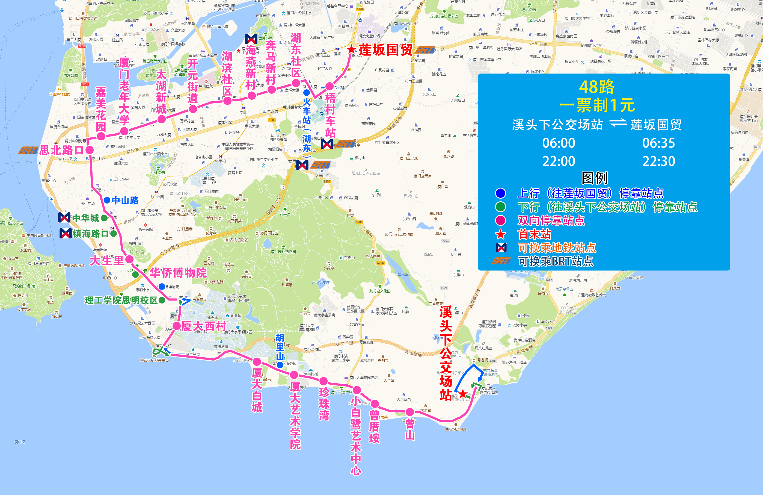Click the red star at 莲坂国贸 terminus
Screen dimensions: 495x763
pyautogui.click(x=351, y=49)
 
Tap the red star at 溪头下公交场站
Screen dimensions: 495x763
pyautogui.click(x=463, y=394)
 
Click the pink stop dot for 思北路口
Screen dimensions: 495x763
pyautogui.click(x=90, y=150)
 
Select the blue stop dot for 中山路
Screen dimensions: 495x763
pyautogui.click(x=107, y=200)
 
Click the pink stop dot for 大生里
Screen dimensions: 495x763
pyautogui.click(x=129, y=259)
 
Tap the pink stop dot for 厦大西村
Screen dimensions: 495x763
pyautogui.click(x=177, y=326)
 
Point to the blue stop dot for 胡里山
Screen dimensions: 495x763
pyautogui.click(x=280, y=365)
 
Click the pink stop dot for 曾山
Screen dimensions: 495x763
pyautogui.click(x=409, y=412)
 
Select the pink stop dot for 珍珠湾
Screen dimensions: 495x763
pyautogui.click(x=323, y=381)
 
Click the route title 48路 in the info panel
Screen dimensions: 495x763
pyautogui.click(x=597, y=87)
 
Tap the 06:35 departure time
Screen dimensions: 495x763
pyautogui.click(x=658, y=143)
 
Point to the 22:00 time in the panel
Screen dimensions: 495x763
pyautogui.click(x=559, y=161)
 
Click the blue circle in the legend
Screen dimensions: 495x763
pyautogui.click(x=500, y=193)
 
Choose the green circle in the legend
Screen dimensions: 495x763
pyautogui.click(x=500, y=207)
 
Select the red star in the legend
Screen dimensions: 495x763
pyautogui.click(x=500, y=234)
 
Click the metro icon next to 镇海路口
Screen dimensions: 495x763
pyautogui.click(x=66, y=233)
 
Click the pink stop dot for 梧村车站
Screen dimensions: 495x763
pyautogui.click(x=329, y=86)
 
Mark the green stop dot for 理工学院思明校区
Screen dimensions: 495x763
pyautogui.click(x=162, y=300)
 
